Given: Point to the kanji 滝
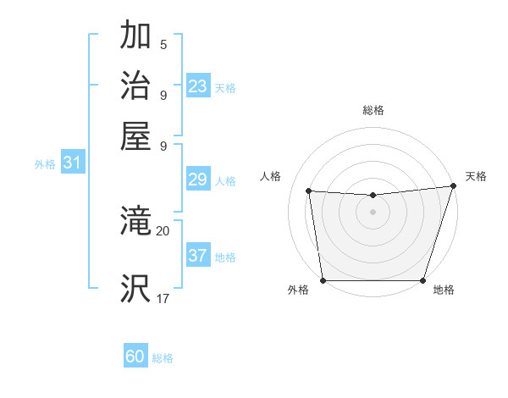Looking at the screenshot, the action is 136,223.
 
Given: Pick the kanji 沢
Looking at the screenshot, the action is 136,288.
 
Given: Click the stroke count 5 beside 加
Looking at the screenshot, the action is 163,45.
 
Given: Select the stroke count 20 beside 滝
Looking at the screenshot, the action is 163,230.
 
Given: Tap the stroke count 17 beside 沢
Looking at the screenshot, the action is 163,298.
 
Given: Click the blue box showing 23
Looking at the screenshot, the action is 198,86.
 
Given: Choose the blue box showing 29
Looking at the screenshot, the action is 198,180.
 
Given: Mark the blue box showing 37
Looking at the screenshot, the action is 198,256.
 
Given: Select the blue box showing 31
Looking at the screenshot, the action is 72,163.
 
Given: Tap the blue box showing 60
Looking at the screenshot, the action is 135,357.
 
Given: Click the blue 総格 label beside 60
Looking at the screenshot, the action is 163,358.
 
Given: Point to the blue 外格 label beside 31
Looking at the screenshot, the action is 45,164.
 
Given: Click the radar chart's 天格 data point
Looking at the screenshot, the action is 453,186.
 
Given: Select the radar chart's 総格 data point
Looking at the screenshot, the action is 373,196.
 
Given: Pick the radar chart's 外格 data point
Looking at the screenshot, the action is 323,280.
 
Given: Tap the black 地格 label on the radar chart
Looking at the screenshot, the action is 444,290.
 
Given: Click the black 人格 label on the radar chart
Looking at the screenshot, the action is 271,176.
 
